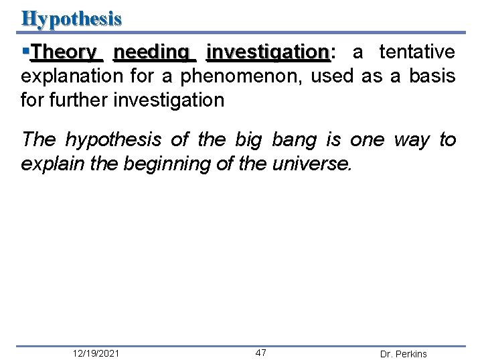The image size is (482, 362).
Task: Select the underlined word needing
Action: [x=151, y=52]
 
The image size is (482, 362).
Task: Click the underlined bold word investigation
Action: [x=267, y=52]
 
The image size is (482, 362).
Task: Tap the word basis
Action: [x=434, y=76]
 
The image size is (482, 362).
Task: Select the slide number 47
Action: [x=261, y=353]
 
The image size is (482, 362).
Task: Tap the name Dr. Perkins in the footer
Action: [x=403, y=354]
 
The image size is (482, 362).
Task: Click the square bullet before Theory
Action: [x=25, y=51]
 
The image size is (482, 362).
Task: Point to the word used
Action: [x=334, y=76]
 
